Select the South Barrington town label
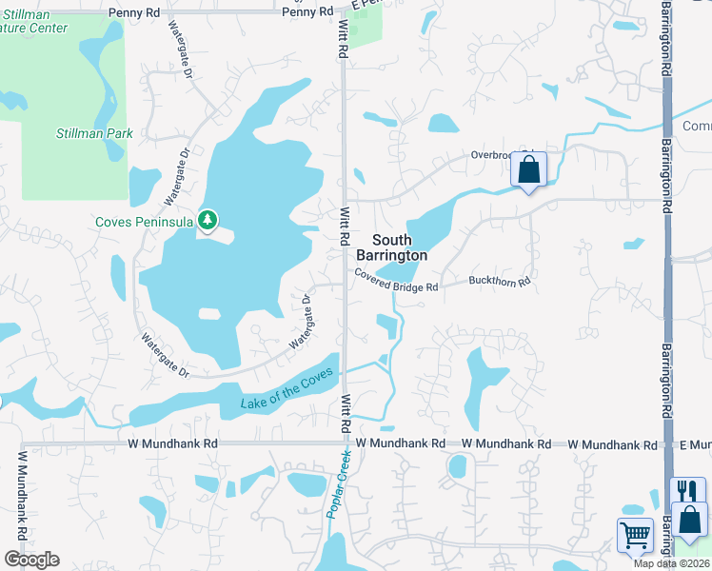(391, 247)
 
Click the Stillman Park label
(94, 134)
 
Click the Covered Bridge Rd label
(396, 280)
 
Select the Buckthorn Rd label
(498, 282)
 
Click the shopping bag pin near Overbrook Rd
(529, 171)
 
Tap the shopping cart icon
(635, 534)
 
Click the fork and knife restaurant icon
(688, 491)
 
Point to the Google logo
(31, 560)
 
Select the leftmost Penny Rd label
(134, 11)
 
